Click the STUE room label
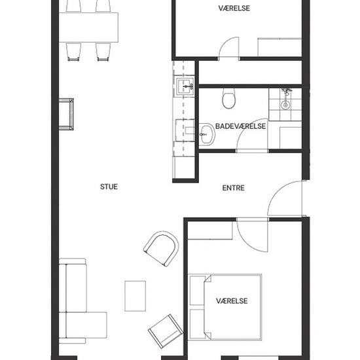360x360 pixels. [109, 187]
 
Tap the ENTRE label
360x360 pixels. [233, 188]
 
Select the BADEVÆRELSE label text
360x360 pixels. [240, 126]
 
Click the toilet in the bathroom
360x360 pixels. [229, 98]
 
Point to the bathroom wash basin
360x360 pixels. [207, 134]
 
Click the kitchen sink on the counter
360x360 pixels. [185, 86]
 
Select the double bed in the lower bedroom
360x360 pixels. [225, 307]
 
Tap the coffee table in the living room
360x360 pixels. [135, 296]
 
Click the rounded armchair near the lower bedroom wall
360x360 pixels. [162, 249]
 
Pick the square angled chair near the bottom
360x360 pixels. [166, 331]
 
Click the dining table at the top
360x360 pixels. [88, 27]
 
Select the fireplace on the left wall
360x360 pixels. [66, 115]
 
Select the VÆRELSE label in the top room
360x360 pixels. [234, 9]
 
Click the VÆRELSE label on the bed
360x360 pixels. [232, 301]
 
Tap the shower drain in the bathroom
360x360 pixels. [285, 105]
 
